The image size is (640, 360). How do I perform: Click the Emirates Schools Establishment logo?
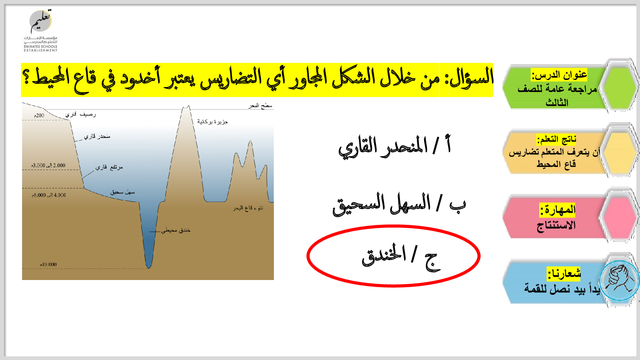pos(40,30)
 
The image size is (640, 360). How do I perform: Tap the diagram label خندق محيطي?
pos(176,230)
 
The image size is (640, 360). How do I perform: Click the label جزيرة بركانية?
pos(212,122)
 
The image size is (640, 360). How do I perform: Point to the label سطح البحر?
pos(260,106)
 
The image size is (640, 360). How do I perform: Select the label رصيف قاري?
pos(80,114)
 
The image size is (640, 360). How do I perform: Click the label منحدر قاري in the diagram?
pos(97,136)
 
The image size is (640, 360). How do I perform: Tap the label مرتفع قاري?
pos(109,167)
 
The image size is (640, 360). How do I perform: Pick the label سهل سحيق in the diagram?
pos(122,192)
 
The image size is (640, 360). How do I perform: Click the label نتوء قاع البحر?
pos(248,208)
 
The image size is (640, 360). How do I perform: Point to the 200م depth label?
pos(39,116)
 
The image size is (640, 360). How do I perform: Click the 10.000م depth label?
pos(48,264)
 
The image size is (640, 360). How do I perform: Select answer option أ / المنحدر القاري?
pos(394,146)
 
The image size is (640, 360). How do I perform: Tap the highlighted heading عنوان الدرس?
pos(559,75)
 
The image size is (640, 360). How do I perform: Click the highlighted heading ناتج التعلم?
pos(556,140)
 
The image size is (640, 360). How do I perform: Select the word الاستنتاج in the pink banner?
pos(556,226)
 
